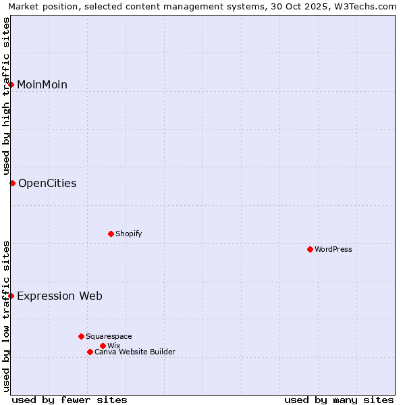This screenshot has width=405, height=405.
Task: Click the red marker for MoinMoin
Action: (x=11, y=84)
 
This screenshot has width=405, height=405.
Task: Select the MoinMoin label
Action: (x=42, y=84)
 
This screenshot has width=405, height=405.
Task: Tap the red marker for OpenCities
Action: (x=12, y=183)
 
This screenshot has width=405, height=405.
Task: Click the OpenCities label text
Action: (x=47, y=183)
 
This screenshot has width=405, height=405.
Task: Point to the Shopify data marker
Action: (x=111, y=234)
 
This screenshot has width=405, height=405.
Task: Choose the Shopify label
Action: (x=128, y=234)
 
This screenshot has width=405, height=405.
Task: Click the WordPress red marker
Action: (x=310, y=249)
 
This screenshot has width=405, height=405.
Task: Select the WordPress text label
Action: (x=333, y=249)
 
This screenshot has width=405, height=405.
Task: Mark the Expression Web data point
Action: (x=11, y=296)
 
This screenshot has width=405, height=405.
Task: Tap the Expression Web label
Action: (x=59, y=296)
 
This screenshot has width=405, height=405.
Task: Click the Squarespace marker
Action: (x=81, y=336)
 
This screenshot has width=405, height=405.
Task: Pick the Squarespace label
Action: (x=109, y=336)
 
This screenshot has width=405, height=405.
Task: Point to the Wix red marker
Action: (x=103, y=346)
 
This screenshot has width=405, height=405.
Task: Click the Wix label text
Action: (x=113, y=346)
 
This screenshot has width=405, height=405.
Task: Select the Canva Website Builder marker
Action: (x=90, y=352)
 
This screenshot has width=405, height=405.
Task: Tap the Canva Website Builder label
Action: (x=135, y=352)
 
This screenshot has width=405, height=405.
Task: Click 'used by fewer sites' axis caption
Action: (x=70, y=400)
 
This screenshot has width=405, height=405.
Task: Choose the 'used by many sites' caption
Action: (x=339, y=400)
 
